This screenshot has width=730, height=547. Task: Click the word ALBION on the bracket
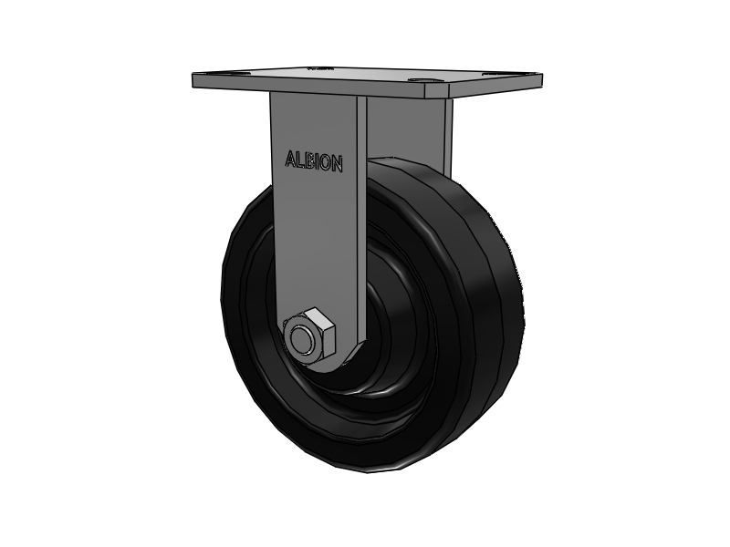point(314,161)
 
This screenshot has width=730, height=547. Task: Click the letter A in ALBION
point(290,159)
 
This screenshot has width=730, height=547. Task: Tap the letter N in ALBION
point(338,164)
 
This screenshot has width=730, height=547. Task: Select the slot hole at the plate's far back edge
point(320,69)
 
